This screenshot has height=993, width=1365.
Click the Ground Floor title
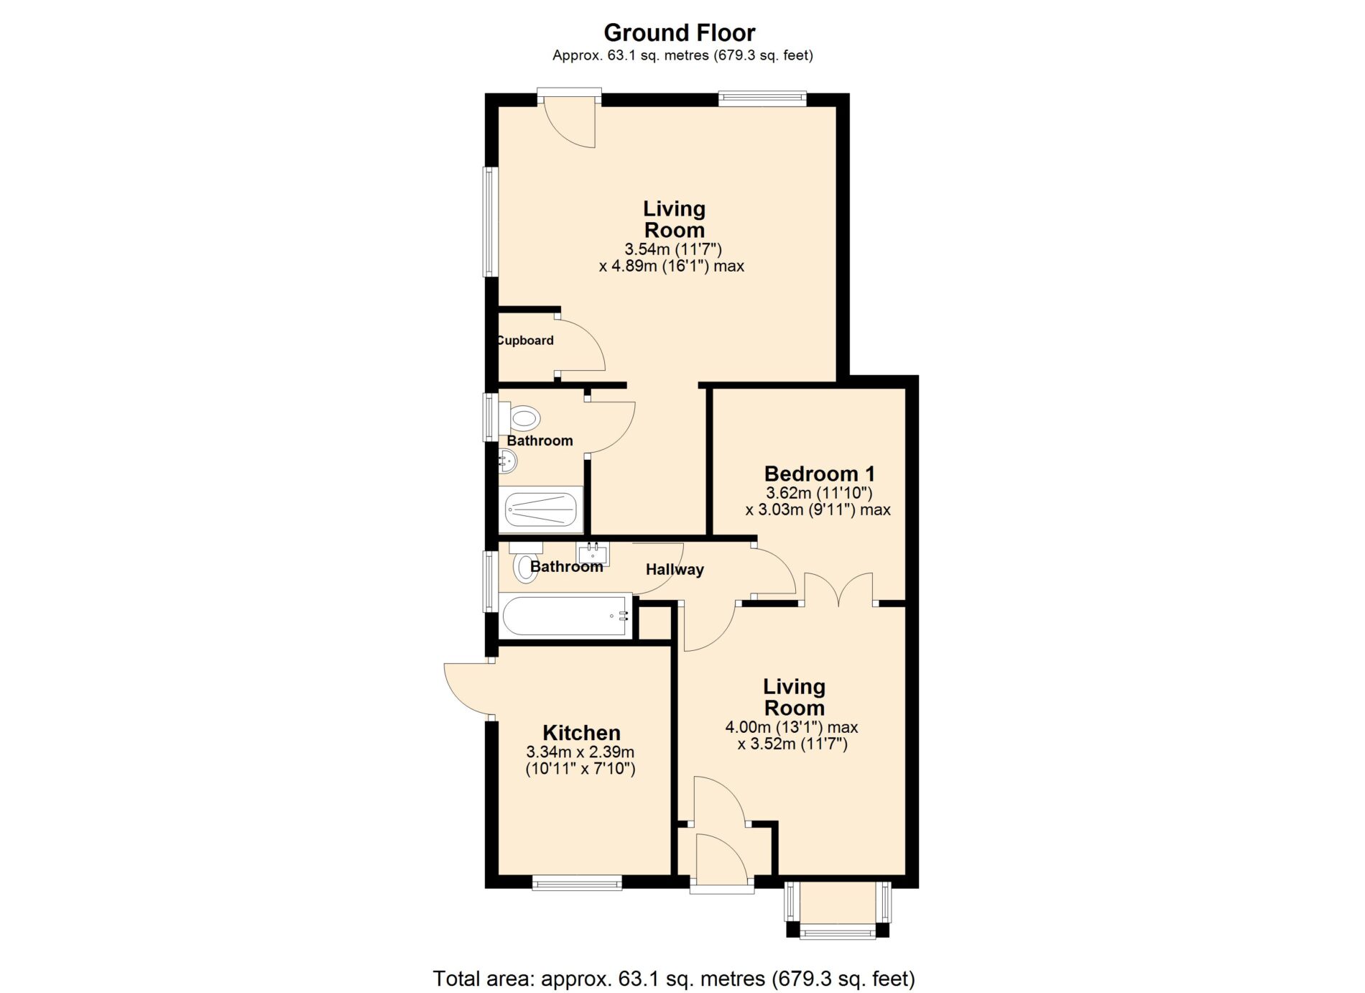pos(679,33)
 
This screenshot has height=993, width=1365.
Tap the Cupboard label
pos(525,341)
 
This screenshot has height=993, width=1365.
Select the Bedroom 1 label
pos(819,474)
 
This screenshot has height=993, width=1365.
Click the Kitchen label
pos(581,733)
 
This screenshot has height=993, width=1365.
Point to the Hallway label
pos(675,570)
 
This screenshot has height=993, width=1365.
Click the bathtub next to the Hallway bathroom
pos(565,615)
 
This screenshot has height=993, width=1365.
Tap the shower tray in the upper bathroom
pos(541,509)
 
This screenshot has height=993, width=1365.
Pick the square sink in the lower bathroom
pos(593,554)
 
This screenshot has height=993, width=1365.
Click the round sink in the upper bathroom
pos(508,461)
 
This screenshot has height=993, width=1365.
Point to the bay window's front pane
pos(838,932)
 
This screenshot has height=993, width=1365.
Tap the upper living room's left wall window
pos(490,221)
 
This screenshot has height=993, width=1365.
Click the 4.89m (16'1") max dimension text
pos(671,267)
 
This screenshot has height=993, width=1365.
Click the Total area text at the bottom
pos(674,979)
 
